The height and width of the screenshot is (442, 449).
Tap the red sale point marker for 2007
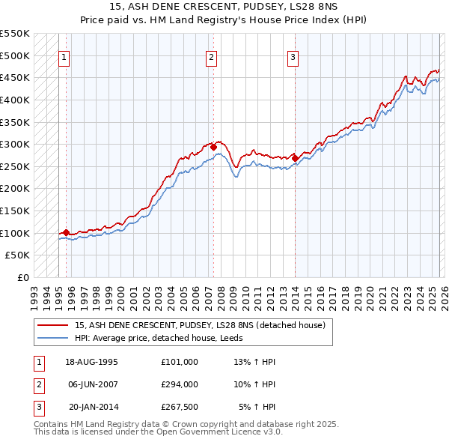[x=213, y=148]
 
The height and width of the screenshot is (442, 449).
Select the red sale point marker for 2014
[x=295, y=158]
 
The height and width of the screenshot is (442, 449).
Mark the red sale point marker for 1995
[x=67, y=232]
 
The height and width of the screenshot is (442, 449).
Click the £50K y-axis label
[x=18, y=255]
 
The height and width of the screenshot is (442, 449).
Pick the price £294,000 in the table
[x=179, y=384]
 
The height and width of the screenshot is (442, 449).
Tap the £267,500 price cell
[x=179, y=407]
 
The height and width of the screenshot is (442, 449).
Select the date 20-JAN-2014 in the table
[x=93, y=407]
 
